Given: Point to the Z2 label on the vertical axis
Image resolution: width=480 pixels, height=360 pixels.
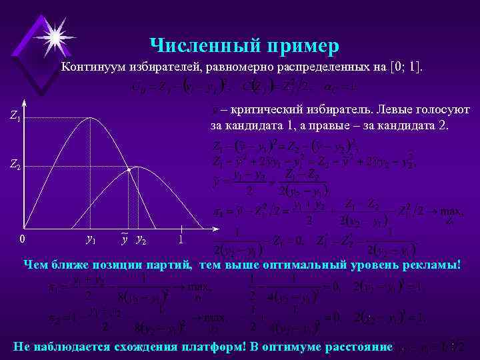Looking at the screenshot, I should click(x=15, y=165).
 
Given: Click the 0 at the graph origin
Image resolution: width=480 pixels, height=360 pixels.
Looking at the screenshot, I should click(x=22, y=239).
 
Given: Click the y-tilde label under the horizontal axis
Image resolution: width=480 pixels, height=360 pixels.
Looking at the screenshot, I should click(x=125, y=239).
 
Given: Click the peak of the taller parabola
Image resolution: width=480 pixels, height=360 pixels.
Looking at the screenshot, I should click(x=90, y=118).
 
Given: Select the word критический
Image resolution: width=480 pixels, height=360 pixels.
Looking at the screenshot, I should click(x=261, y=108).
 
